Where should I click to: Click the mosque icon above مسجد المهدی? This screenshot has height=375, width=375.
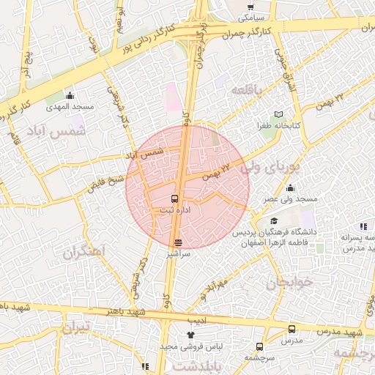pos(70,95)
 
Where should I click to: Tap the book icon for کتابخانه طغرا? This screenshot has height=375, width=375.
pos(278,114)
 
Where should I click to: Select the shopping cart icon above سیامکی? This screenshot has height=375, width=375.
pos(250,7)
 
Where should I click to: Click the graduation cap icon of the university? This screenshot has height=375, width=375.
pos(274,221)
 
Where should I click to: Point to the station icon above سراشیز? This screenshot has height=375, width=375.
pos(178,242)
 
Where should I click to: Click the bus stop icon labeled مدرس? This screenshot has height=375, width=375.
pos(292,330)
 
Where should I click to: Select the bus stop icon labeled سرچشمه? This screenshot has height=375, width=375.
pos(260,346)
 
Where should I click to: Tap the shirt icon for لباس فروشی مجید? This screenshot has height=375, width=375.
pos(191,335)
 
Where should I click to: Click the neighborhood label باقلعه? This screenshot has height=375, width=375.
pos(245,89)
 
